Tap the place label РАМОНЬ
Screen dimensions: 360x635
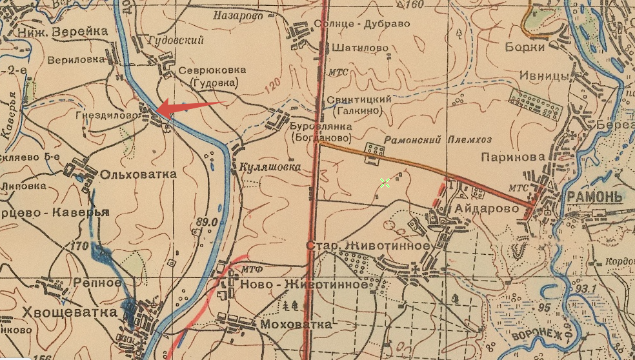(594, 197)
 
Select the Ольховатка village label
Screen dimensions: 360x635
(130, 174)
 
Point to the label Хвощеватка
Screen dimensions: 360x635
(62, 312)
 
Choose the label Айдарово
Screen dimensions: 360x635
(487, 209)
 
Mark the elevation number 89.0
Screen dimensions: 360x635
(206, 222)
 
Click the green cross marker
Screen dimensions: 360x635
(385, 183)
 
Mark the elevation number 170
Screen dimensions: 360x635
(81, 246)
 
